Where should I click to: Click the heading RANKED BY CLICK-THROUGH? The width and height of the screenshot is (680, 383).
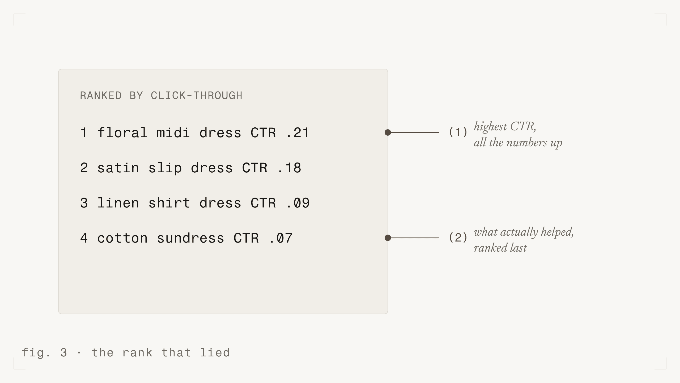pos(161,95)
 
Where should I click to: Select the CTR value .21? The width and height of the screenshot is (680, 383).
pos(297,133)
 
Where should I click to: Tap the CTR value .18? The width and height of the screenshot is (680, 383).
pos(289,168)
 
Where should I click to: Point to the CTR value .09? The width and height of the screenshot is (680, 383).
pos(298,203)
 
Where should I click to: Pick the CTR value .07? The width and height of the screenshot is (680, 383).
pos(281,238)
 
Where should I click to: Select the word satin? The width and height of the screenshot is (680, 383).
pos(118,168)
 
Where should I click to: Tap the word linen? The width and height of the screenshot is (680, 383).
pos(118,203)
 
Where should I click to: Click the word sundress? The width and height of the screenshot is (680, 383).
pos(190,238)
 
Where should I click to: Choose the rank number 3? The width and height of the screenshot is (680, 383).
pos(84,203)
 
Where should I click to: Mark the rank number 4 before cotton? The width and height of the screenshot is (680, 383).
pos(84,238)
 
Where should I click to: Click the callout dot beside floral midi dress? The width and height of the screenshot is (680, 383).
pos(388,132)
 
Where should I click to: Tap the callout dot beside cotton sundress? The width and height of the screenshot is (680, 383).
pos(388,238)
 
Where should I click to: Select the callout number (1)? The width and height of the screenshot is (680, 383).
pos(458,132)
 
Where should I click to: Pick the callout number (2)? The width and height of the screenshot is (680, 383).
pos(458,238)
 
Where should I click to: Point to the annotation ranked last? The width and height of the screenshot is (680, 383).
pos(500,248)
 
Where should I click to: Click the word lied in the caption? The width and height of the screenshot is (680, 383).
pos(215,353)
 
